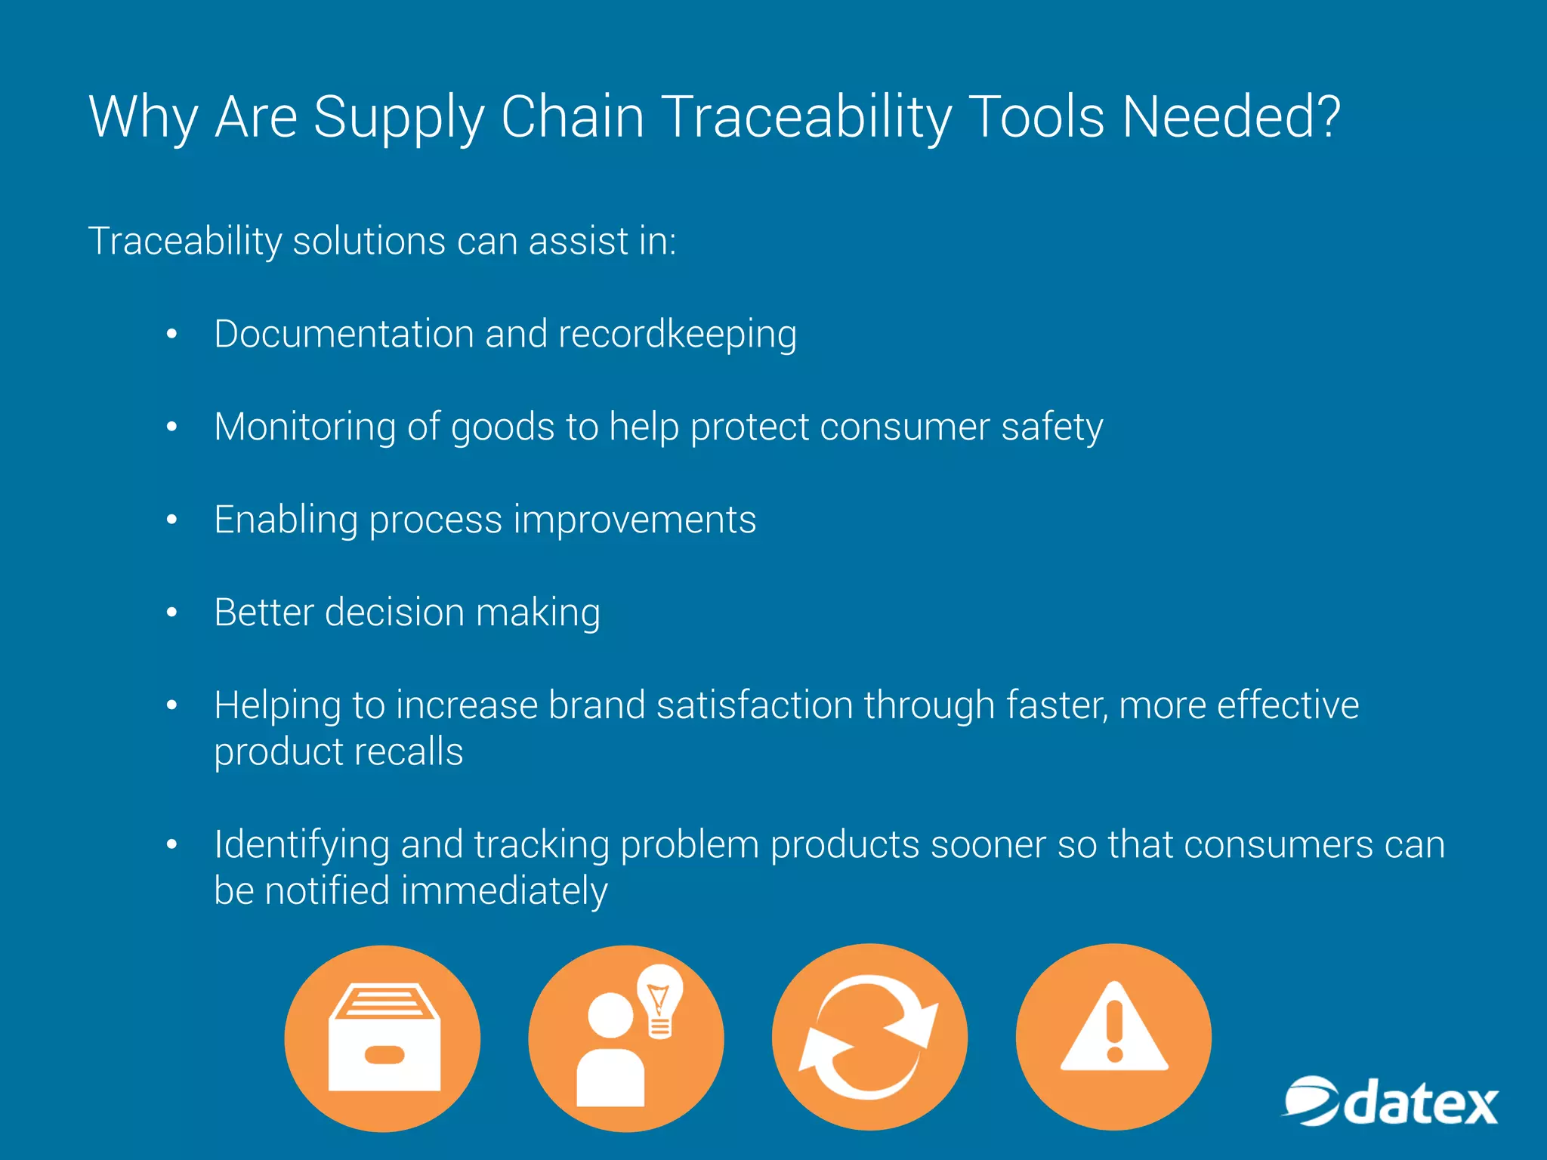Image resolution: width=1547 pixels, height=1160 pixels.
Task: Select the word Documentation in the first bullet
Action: point(343,334)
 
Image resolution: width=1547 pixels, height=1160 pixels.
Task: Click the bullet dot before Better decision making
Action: point(171,612)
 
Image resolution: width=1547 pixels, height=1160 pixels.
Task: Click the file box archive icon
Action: point(383,1038)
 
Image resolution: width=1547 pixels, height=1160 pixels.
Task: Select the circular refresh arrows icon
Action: point(869,1037)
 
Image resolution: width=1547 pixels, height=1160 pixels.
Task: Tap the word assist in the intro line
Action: point(579,242)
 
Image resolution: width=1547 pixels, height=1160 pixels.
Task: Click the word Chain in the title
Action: point(573,118)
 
